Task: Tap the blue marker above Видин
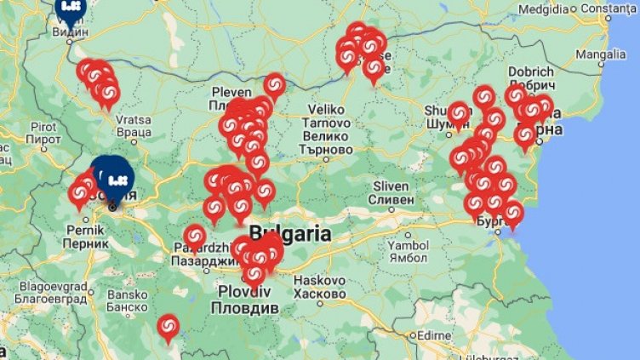coord(70,9)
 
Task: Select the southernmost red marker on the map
coord(168,326)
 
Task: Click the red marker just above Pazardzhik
coord(195,237)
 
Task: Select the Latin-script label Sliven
coord(392,186)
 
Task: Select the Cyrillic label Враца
coord(134,133)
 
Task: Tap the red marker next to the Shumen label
coord(459,113)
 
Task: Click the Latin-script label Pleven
coord(231,92)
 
